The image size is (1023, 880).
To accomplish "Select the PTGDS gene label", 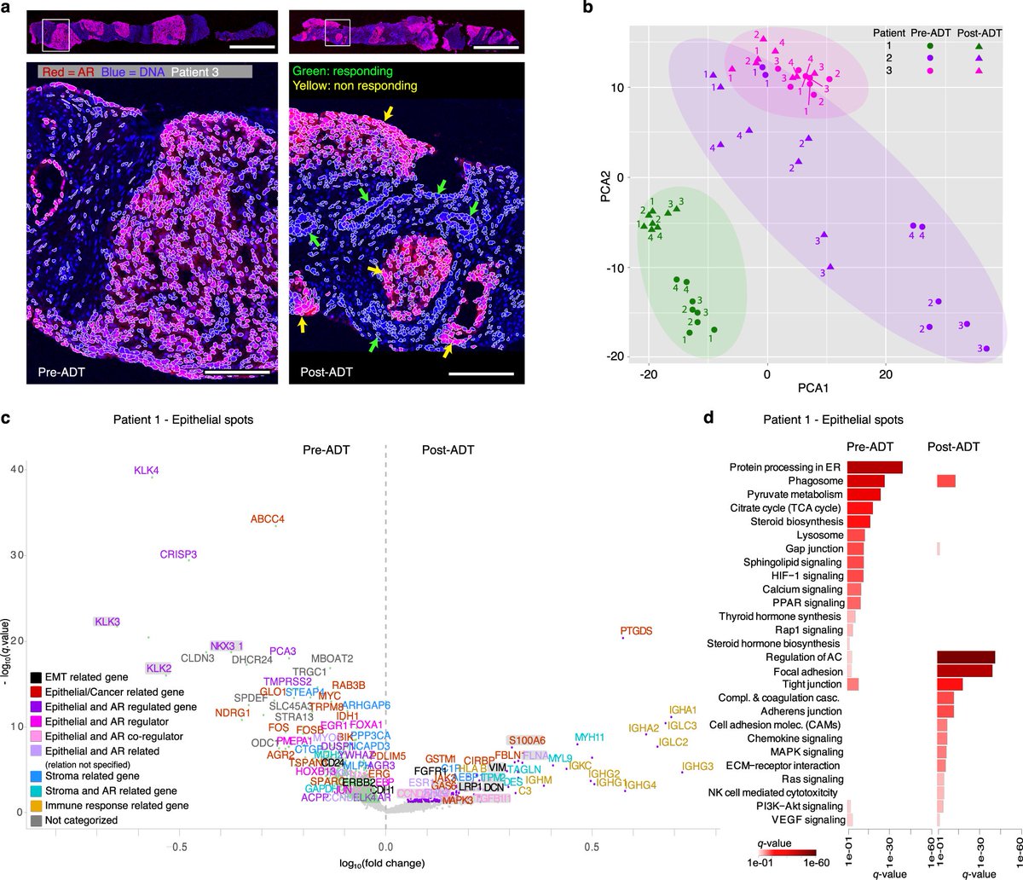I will pyautogui.click(x=636, y=631).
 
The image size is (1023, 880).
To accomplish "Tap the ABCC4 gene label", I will pyautogui.click(x=268, y=518).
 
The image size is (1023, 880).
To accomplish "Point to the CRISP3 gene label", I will pyautogui.click(x=178, y=554).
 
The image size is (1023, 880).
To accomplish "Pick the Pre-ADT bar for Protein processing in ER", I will pyautogui.click(x=875, y=467).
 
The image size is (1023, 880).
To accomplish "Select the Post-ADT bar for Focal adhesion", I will pyautogui.click(x=964, y=671).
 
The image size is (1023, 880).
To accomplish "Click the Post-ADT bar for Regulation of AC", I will pyautogui.click(x=966, y=657).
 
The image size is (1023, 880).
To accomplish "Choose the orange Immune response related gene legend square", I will pyautogui.click(x=35, y=805).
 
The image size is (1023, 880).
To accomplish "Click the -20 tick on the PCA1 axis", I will pyautogui.click(x=649, y=373).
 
